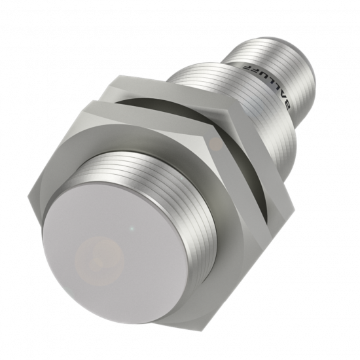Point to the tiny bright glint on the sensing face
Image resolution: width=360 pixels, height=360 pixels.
[134, 228]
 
